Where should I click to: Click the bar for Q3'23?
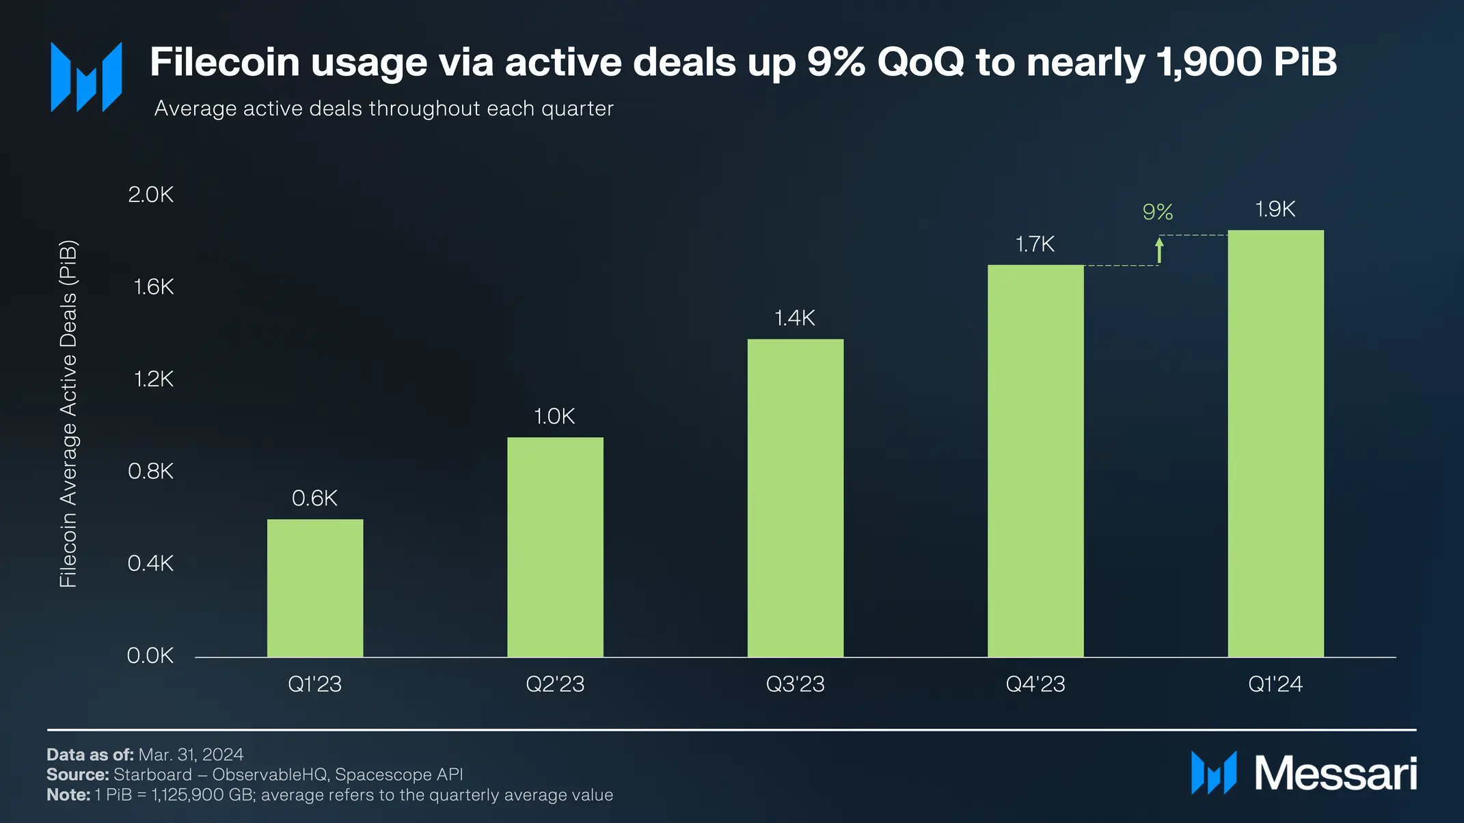[x=795, y=498]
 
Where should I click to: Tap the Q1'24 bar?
[x=1275, y=443]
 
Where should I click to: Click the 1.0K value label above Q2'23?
[x=554, y=416]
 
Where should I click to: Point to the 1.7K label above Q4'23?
[x=1035, y=244]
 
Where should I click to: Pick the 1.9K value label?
[x=1275, y=209]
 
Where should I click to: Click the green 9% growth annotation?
[x=1157, y=212]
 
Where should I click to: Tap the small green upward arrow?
[x=1159, y=250]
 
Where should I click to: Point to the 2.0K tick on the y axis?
[x=151, y=195]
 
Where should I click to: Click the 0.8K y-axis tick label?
[x=151, y=471]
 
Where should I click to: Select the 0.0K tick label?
[x=150, y=656]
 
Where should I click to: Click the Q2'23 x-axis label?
[x=555, y=684]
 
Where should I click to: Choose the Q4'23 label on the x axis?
[x=1035, y=684]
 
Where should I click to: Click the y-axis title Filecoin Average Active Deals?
[x=68, y=413]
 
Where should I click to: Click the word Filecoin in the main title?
[x=225, y=62]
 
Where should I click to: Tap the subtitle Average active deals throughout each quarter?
[x=383, y=109]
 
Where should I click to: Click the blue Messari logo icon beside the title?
[x=86, y=76]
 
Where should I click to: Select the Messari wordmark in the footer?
[x=1336, y=774]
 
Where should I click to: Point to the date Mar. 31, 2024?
[x=191, y=754]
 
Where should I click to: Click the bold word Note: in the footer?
[x=68, y=795]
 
